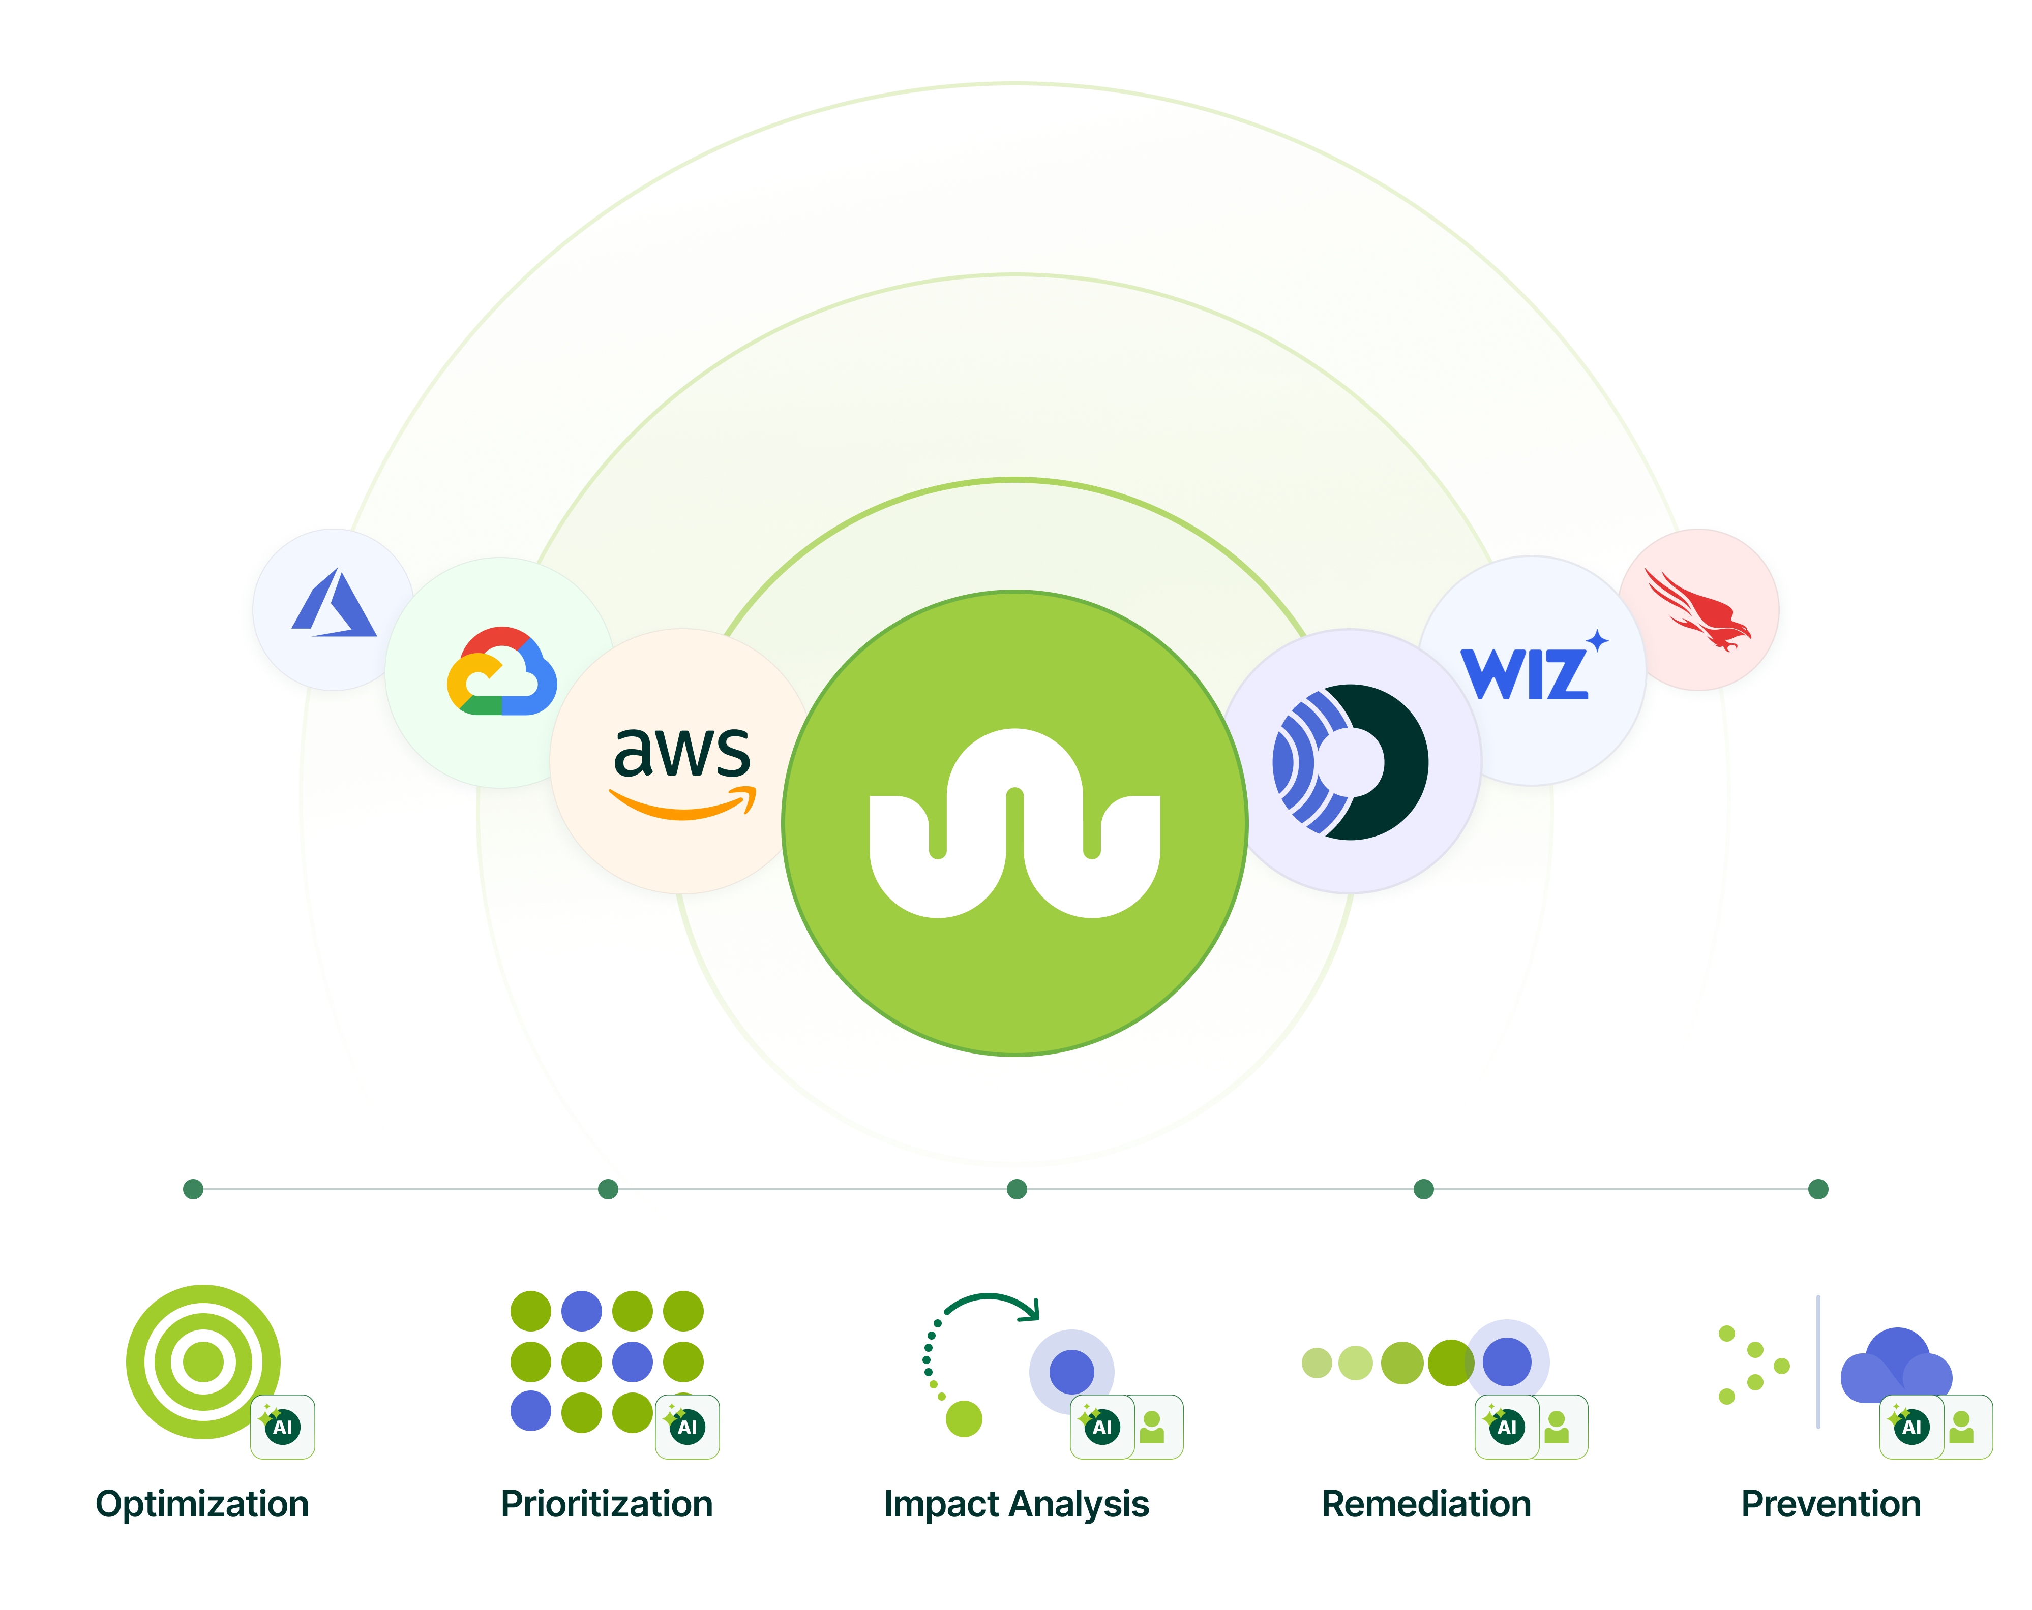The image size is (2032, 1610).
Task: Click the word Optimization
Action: pyautogui.click(x=202, y=1504)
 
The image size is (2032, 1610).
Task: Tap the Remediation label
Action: pyautogui.click(x=1426, y=1504)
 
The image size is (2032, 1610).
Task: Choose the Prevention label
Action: pyautogui.click(x=1830, y=1504)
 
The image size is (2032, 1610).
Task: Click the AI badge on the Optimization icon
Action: pyautogui.click(x=283, y=1427)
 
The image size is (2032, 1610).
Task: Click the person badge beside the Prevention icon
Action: pyautogui.click(x=1962, y=1427)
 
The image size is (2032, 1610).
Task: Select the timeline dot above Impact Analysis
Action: pyautogui.click(x=1016, y=1189)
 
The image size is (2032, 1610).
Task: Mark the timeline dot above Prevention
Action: pyautogui.click(x=1818, y=1189)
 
